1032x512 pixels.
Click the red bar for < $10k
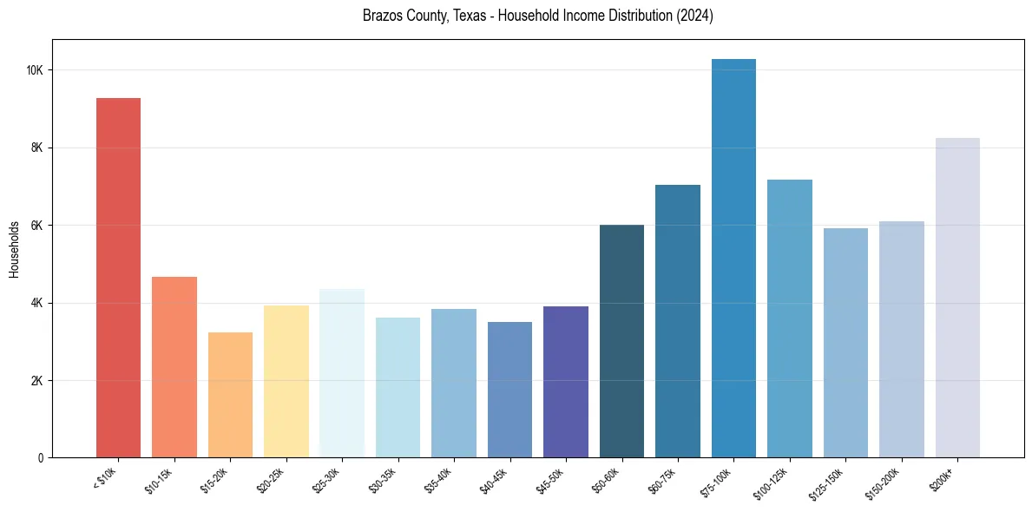click(x=118, y=278)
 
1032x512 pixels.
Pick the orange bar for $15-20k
click(x=230, y=395)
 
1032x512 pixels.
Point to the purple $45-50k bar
click(x=566, y=382)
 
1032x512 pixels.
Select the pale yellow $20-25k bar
click(x=286, y=381)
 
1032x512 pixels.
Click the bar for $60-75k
click(x=678, y=321)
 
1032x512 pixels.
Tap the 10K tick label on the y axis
click(x=36, y=70)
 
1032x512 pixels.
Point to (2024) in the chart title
click(x=693, y=16)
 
